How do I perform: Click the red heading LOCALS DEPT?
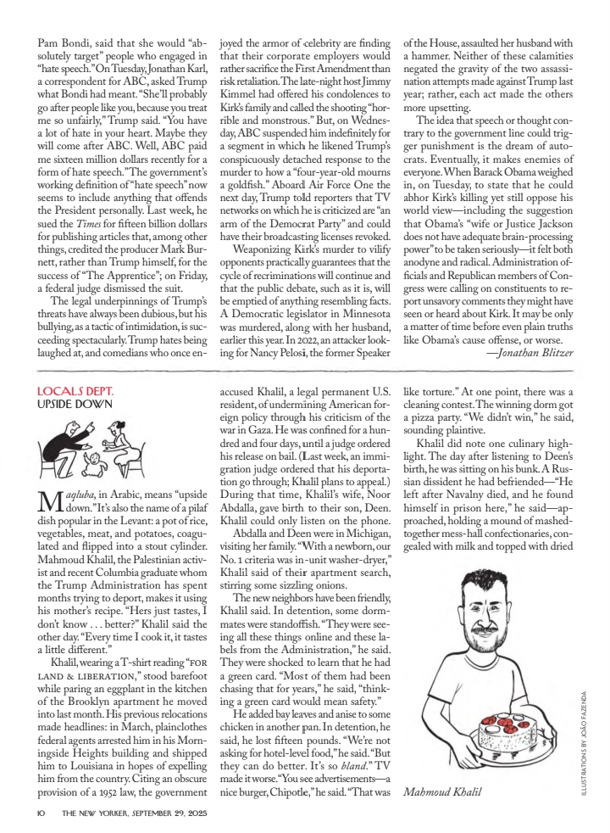point(75,391)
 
